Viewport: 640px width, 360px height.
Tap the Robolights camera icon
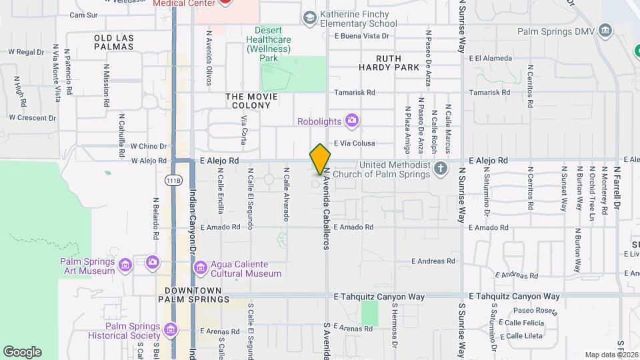click(352, 121)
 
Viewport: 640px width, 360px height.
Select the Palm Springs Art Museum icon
click(125, 267)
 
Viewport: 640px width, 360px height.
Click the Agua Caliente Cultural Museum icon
click(200, 268)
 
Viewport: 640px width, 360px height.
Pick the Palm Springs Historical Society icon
click(171, 329)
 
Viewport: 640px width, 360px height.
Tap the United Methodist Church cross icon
click(441, 168)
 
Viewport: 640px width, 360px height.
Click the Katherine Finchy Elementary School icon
click(309, 18)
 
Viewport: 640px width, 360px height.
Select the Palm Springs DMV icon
click(605, 31)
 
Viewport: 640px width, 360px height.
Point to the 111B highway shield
click(173, 181)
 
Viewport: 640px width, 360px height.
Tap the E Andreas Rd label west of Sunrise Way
click(433, 261)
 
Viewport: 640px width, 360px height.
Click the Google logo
click(22, 352)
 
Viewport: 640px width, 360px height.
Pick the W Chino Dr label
click(148, 146)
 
